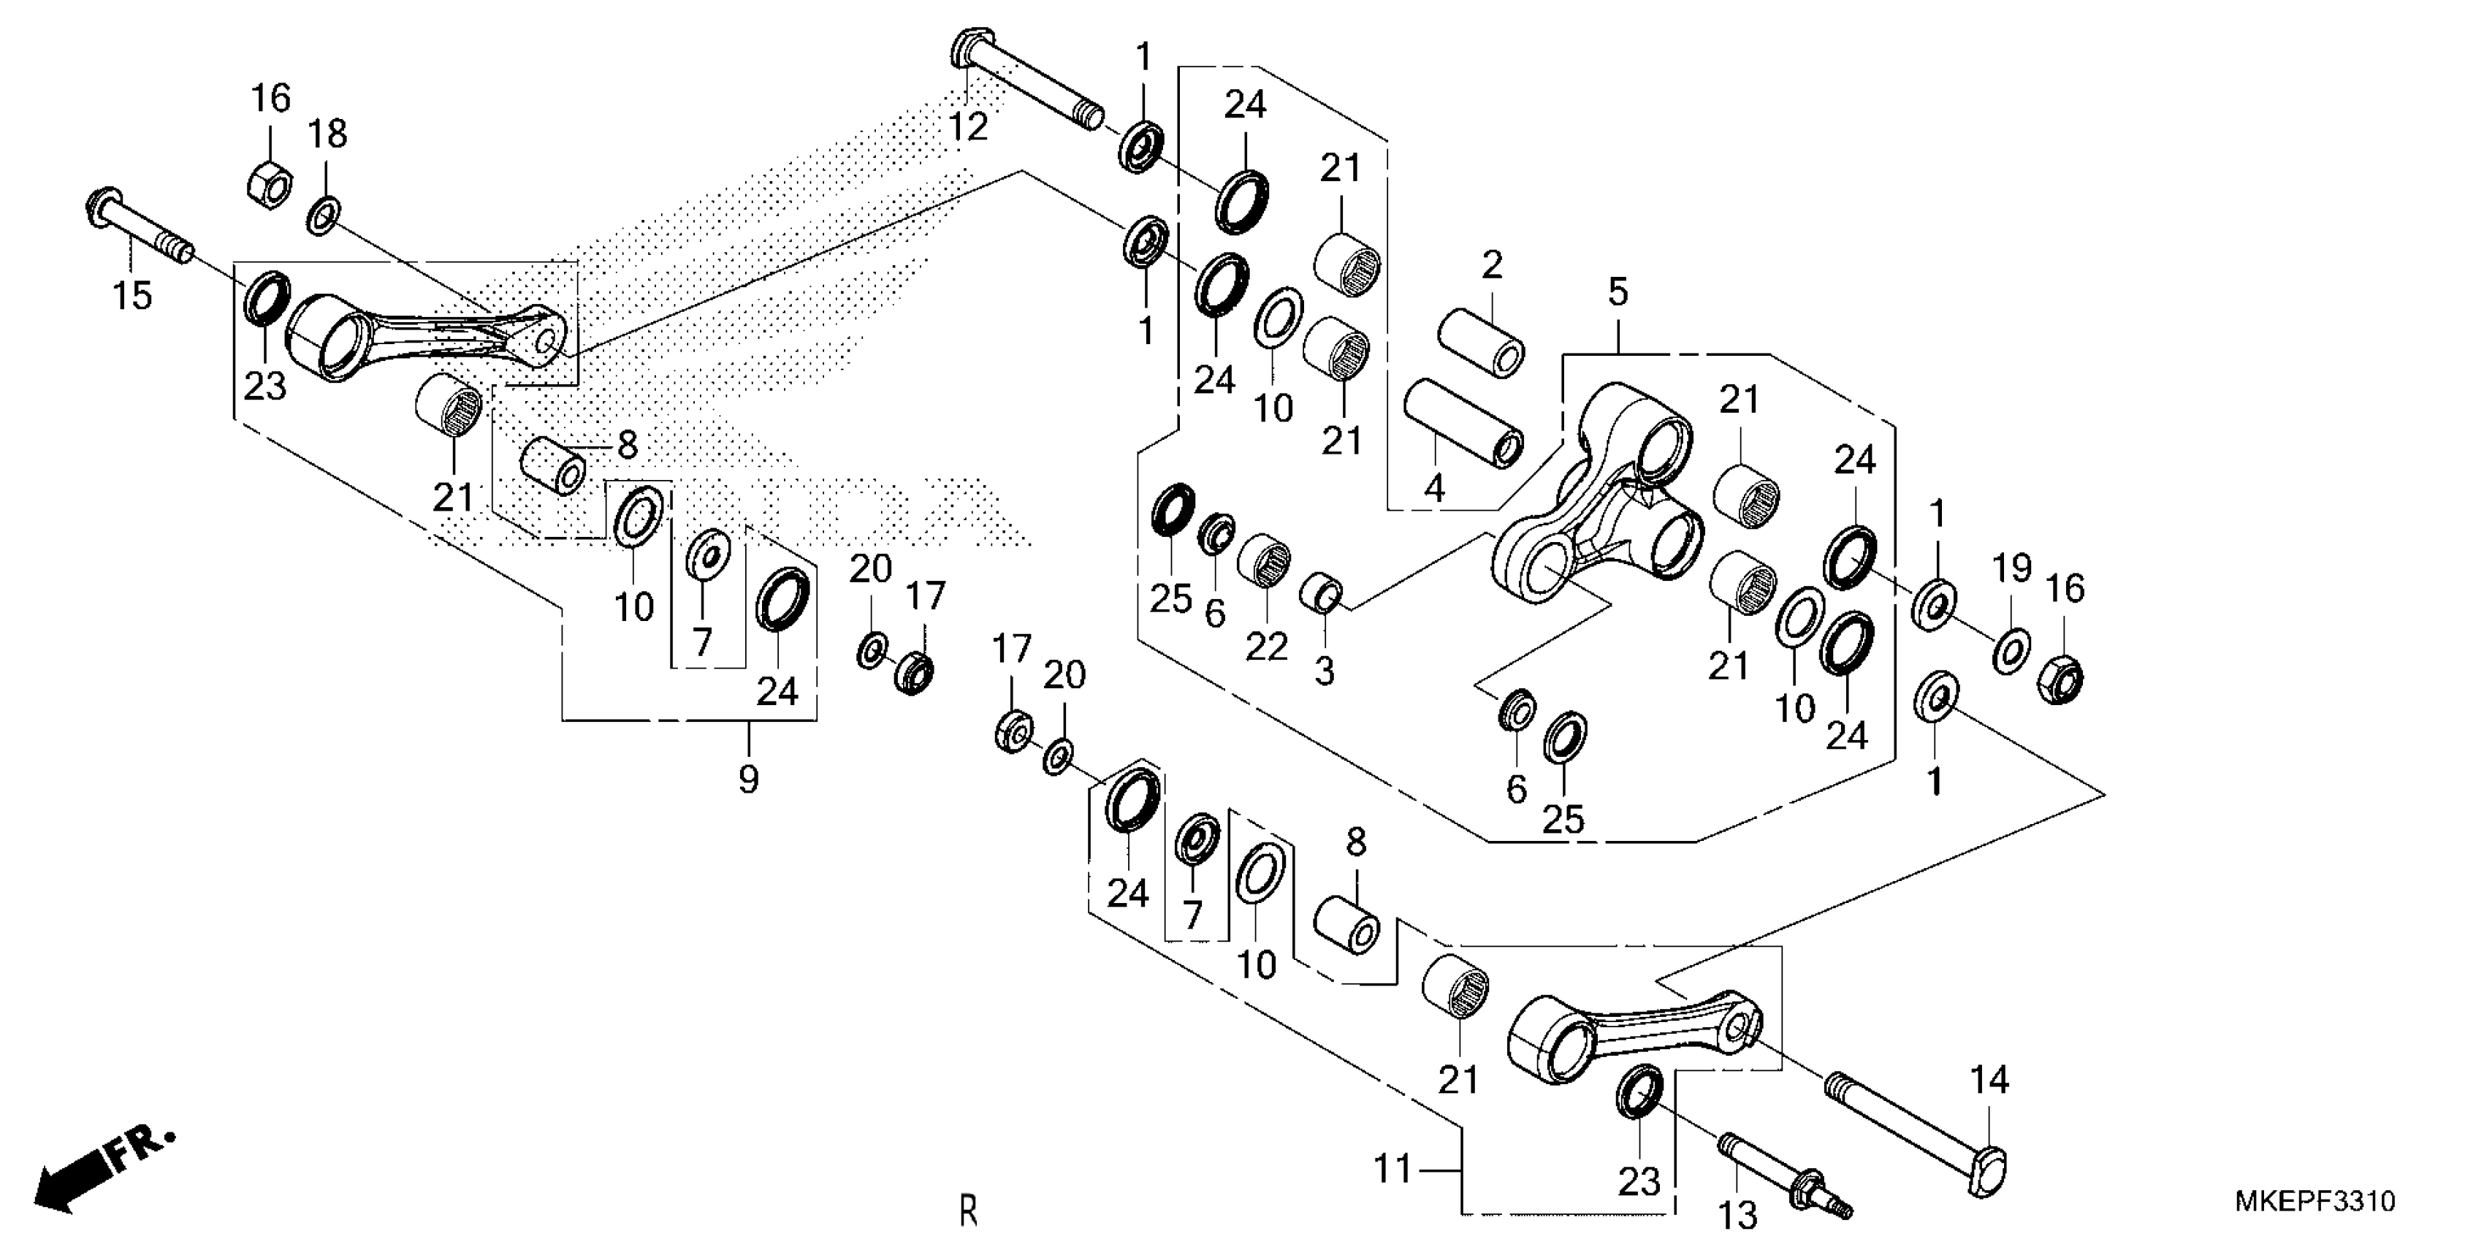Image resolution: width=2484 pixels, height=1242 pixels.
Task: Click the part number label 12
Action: (968, 126)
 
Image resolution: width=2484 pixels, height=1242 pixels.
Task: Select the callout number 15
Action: (132, 295)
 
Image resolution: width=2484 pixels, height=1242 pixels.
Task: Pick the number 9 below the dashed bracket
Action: (748, 778)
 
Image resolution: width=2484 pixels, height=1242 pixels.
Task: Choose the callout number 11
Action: (1393, 1169)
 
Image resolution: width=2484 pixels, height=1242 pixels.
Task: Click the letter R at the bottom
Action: (968, 1210)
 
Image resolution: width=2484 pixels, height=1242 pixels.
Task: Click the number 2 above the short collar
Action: (1492, 265)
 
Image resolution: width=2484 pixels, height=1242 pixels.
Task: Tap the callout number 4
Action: (1435, 488)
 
